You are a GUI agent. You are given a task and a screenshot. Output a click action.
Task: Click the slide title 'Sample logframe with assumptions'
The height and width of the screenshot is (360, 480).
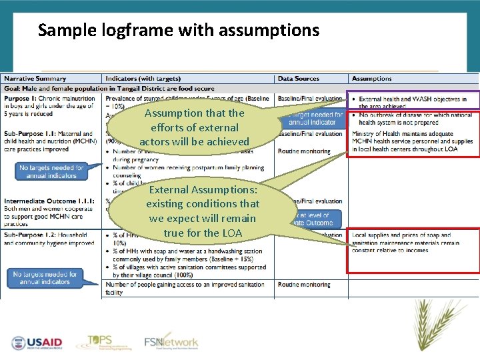tap(179, 30)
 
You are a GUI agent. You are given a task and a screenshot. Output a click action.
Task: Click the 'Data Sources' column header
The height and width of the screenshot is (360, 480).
tap(299, 79)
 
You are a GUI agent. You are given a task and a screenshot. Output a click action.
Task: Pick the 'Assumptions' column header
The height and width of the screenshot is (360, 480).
tap(372, 79)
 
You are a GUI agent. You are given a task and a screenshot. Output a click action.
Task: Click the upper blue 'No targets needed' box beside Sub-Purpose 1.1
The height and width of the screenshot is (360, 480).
tap(51, 171)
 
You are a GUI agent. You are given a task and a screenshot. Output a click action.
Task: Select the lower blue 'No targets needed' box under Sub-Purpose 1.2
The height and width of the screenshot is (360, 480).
tap(45, 278)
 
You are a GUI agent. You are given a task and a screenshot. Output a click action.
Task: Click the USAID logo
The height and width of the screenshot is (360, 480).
tap(36, 343)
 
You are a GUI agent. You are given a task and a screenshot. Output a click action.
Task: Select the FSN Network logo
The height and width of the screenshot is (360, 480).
tap(171, 342)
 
